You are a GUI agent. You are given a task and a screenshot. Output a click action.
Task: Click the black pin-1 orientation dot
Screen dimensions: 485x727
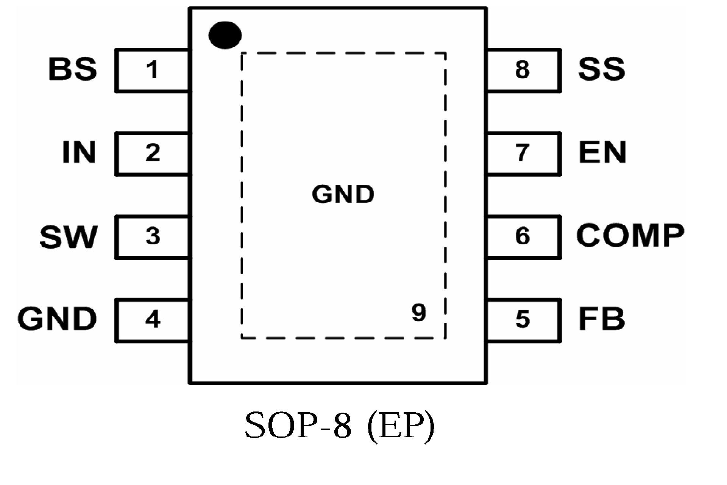[225, 35]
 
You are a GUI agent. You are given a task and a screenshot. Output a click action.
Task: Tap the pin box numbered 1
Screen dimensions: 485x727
[152, 70]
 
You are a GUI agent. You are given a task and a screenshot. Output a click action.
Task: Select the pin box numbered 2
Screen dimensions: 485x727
[152, 153]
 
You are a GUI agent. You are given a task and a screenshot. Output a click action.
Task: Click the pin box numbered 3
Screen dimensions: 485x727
[152, 237]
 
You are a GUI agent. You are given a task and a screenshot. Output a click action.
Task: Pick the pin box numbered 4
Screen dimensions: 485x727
[152, 320]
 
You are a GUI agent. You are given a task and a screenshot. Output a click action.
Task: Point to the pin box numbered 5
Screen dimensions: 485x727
[523, 320]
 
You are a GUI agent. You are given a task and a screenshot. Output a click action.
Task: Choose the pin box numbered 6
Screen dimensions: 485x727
[523, 237]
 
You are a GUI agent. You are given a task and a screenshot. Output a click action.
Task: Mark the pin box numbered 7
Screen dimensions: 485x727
[523, 153]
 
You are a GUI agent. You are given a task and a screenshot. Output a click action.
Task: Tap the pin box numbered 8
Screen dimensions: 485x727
[523, 70]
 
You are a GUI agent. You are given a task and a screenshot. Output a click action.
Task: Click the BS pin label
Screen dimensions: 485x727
[73, 69]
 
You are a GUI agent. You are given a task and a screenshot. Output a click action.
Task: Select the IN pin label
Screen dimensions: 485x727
[79, 153]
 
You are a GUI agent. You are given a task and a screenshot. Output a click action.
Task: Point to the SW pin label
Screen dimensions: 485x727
[69, 237]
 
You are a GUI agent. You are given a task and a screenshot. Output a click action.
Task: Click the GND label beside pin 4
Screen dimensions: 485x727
[57, 319]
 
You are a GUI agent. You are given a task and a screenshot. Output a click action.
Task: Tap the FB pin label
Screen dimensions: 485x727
[601, 319]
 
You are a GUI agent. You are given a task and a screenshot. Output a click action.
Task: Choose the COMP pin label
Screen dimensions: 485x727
[630, 235]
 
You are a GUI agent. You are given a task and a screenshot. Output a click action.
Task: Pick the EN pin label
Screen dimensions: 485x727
[602, 153]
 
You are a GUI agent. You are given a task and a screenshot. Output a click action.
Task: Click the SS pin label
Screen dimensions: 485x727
[601, 69]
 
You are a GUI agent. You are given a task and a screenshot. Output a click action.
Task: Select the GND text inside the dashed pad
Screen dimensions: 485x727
[343, 194]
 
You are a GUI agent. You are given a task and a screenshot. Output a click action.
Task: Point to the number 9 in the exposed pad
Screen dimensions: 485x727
[419, 313]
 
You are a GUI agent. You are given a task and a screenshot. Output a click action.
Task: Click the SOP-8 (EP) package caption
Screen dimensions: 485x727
[340, 426]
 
